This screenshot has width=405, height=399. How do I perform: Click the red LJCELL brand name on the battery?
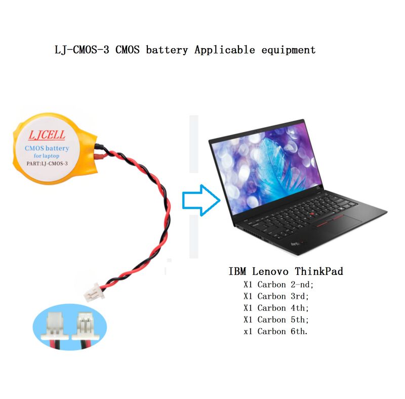pos(47,135)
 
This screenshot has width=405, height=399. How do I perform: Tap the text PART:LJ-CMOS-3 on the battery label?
pos(47,164)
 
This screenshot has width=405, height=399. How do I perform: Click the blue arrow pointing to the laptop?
pos(201,200)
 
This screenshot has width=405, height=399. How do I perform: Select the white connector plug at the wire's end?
pos(94,293)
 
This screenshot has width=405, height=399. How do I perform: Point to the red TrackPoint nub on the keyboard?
pos(312,214)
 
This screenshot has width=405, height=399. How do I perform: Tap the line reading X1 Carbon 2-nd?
pos(278,285)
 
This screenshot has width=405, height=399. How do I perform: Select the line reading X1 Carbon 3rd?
pos(276,296)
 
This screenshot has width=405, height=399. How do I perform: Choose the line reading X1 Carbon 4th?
pos(276,308)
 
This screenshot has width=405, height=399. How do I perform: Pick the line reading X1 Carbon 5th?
pos(276,320)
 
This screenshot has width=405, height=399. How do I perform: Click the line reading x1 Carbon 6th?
pos(275,331)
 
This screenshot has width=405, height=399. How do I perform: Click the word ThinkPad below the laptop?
pos(319,271)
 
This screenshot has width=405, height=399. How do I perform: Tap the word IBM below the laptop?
pos(237,271)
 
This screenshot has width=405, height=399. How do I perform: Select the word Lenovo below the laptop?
pos(270,271)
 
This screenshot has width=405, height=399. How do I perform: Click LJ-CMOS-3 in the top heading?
pos(82,50)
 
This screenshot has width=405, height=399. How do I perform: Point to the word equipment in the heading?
pos(289,50)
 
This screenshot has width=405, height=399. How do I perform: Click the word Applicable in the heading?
pos(225,50)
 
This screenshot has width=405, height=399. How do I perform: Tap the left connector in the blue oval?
pos(55,328)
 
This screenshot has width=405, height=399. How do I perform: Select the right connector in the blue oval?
pos(86,327)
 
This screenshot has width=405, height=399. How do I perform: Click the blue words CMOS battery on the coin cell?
pos(47,148)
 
